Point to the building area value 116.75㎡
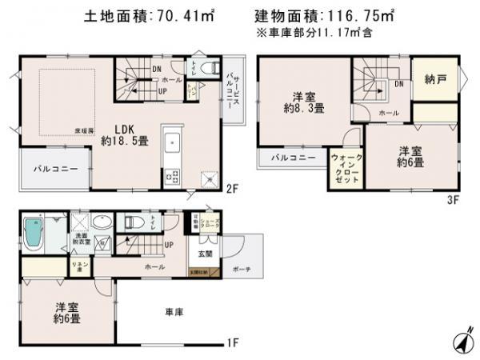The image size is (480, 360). point(365,14)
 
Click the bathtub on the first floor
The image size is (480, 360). point(34,231)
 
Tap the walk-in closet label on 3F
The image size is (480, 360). point(346,168)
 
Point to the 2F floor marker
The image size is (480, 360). point(232,190)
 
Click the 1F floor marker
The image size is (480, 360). point(232,343)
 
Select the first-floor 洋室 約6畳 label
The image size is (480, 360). point(66,312)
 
